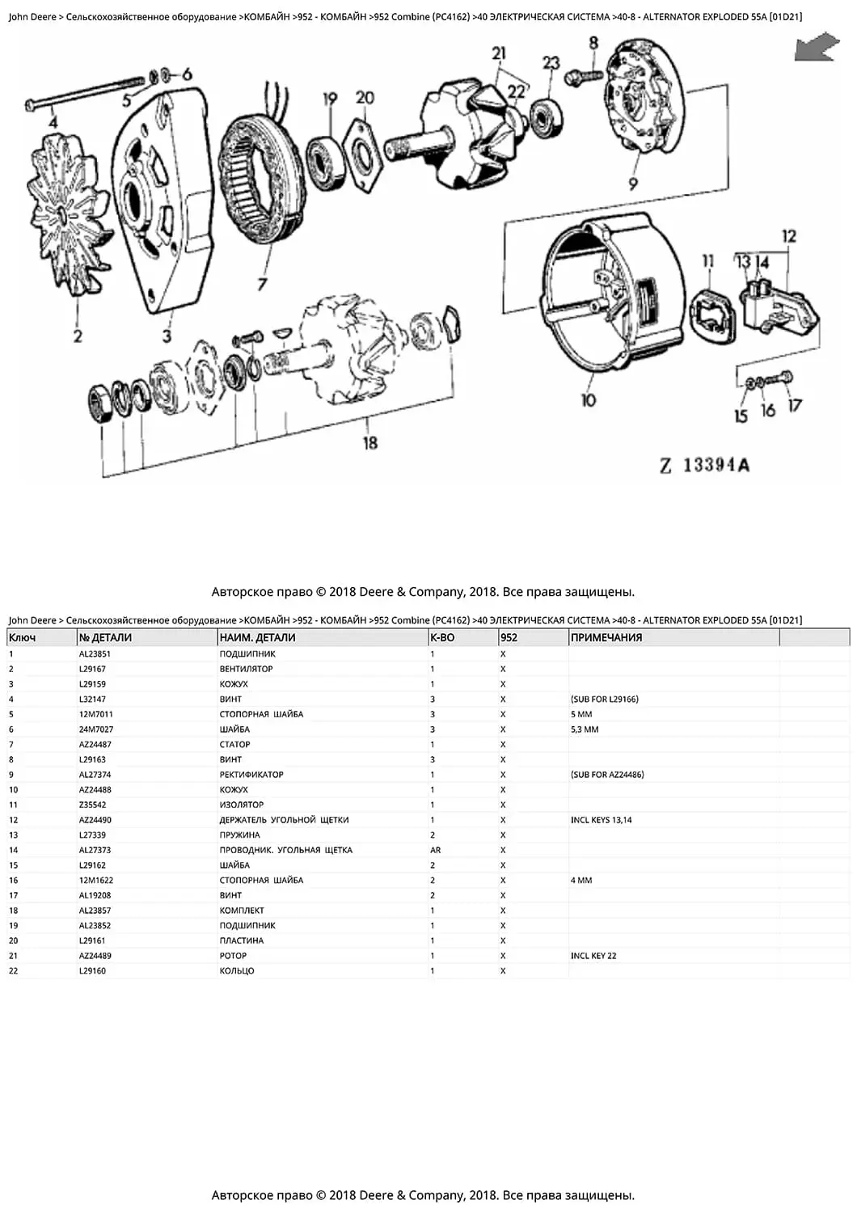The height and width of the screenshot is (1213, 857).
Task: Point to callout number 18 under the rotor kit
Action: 370,442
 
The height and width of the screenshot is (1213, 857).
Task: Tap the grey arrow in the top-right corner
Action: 817,47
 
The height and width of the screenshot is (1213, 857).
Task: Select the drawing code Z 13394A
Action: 705,465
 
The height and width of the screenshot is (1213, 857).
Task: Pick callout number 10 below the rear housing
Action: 589,399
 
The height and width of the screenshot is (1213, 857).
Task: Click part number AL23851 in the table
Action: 95,654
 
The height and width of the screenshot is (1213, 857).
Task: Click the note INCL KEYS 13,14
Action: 601,820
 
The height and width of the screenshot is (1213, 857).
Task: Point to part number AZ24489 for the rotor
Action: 95,956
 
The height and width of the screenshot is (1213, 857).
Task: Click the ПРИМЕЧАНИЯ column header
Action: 606,638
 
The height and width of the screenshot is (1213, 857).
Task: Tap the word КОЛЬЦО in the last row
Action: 237,971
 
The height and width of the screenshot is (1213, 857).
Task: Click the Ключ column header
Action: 23,638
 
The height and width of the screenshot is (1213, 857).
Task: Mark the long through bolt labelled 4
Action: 89,93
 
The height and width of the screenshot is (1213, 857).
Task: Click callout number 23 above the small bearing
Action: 551,63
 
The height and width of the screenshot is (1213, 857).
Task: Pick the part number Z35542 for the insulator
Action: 92,805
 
